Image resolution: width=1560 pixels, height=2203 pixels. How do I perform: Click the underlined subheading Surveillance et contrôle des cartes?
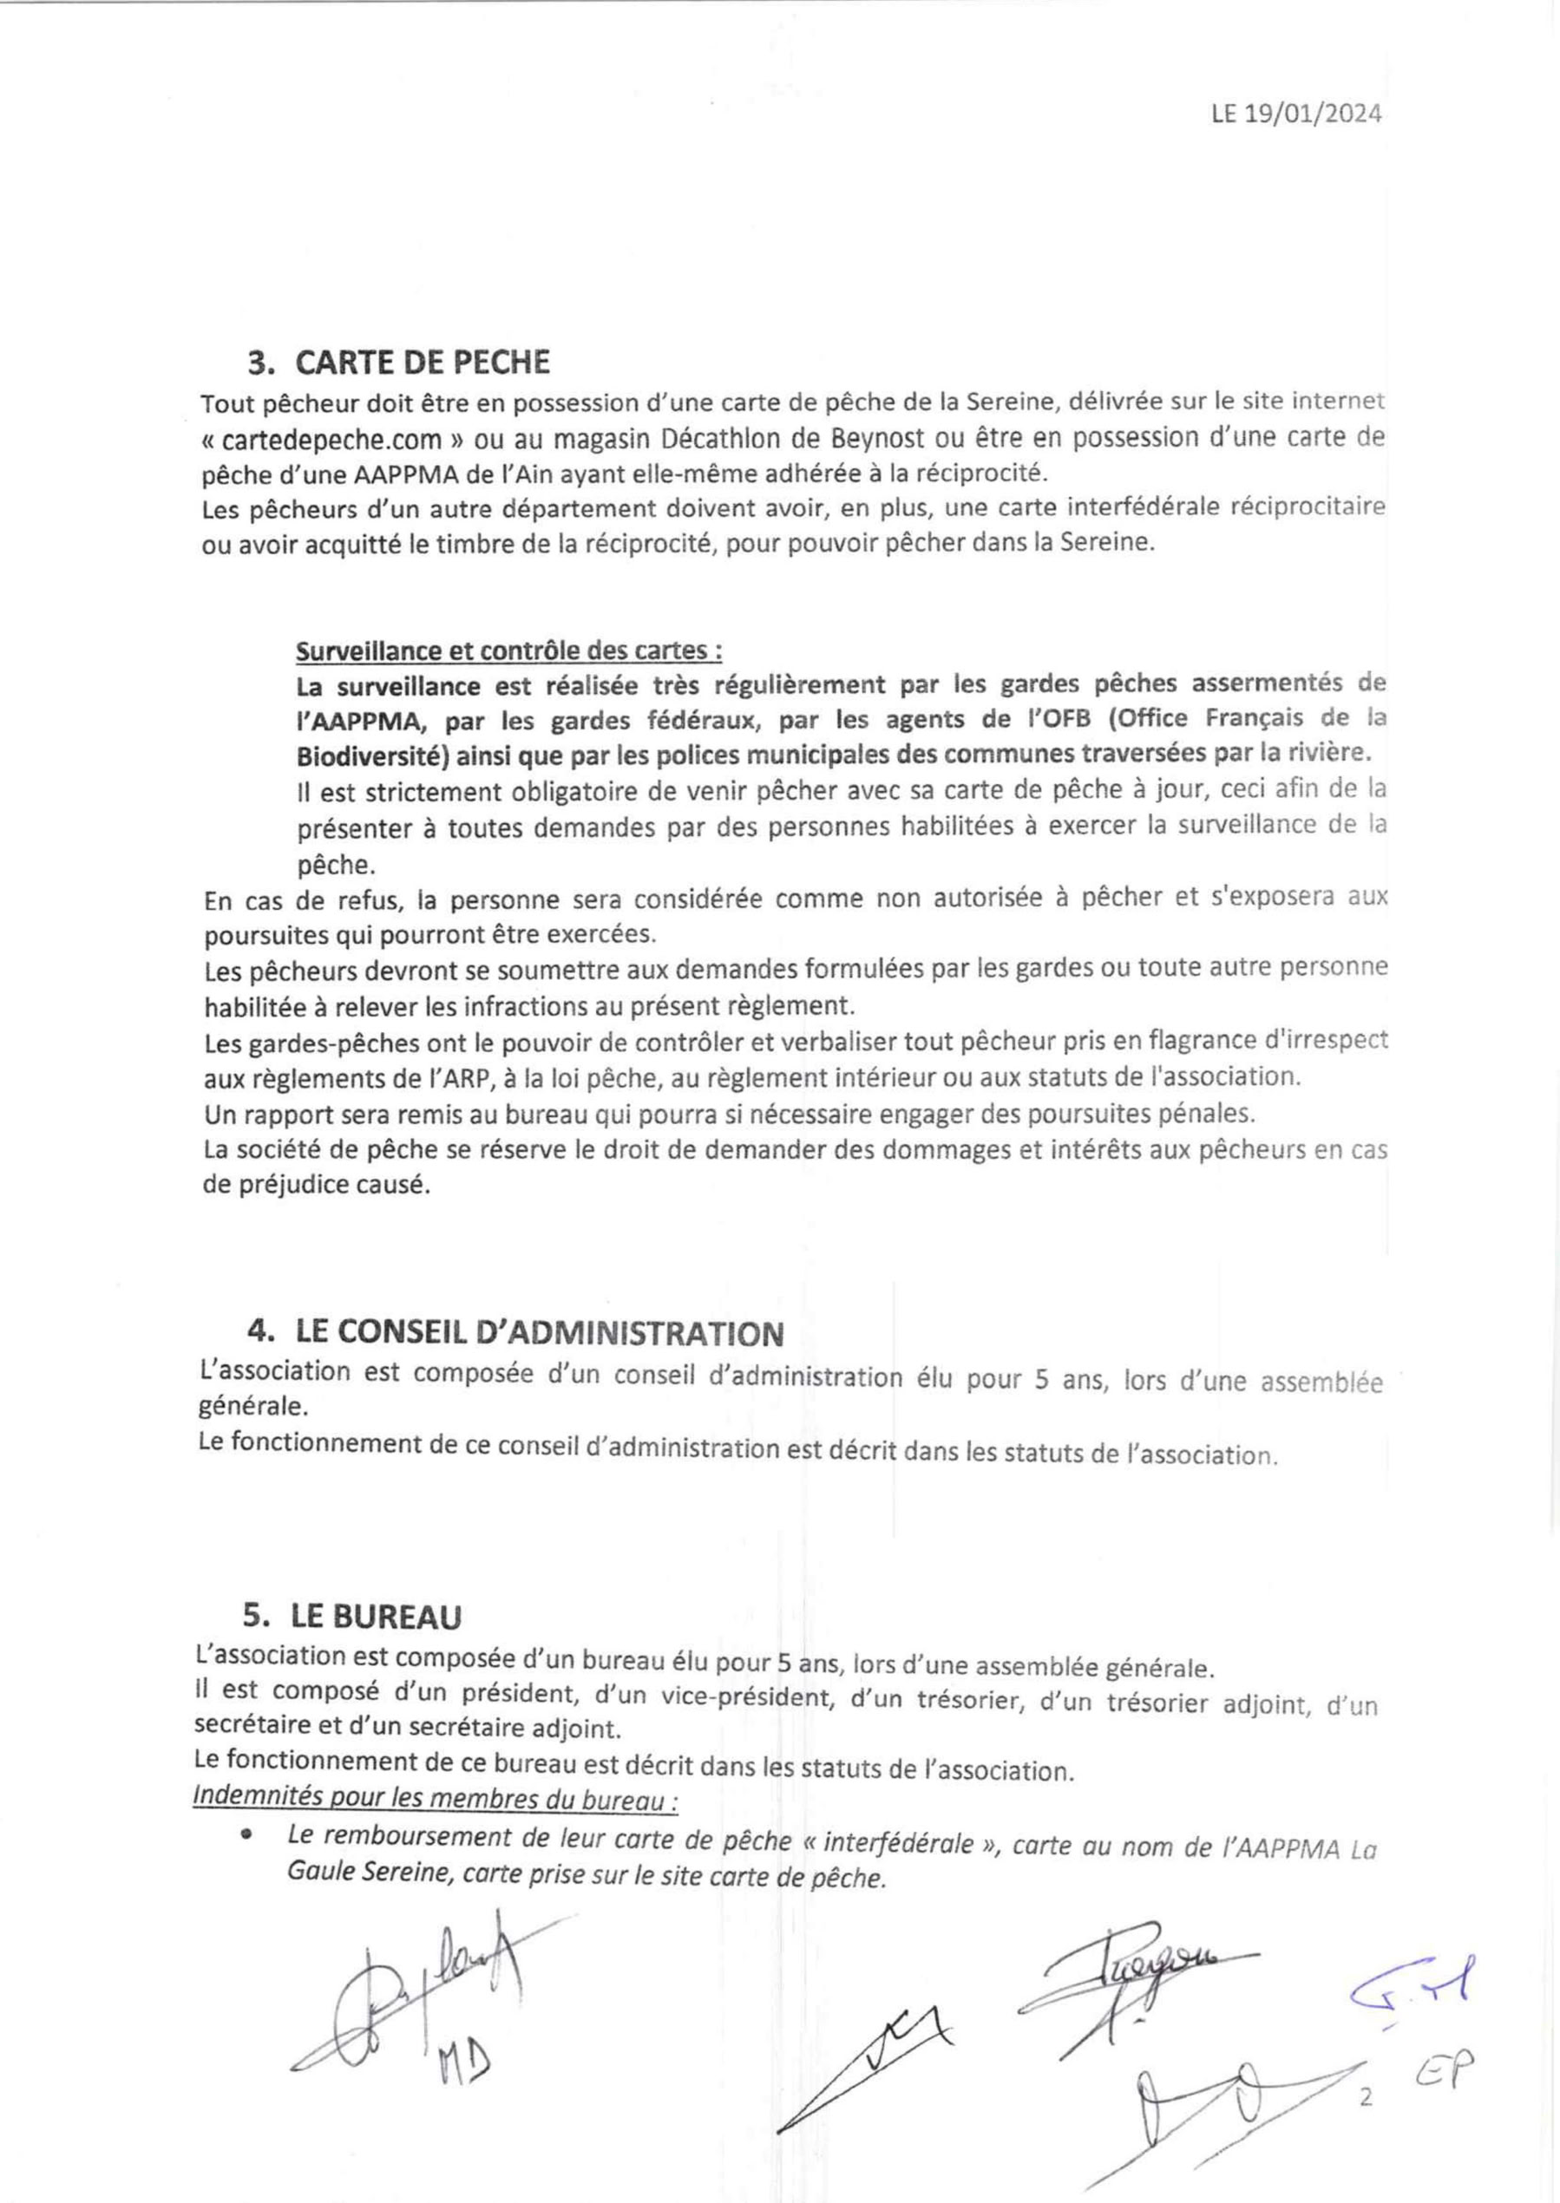(508, 651)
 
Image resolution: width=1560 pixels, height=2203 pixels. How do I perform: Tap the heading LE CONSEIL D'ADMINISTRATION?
(539, 1333)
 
